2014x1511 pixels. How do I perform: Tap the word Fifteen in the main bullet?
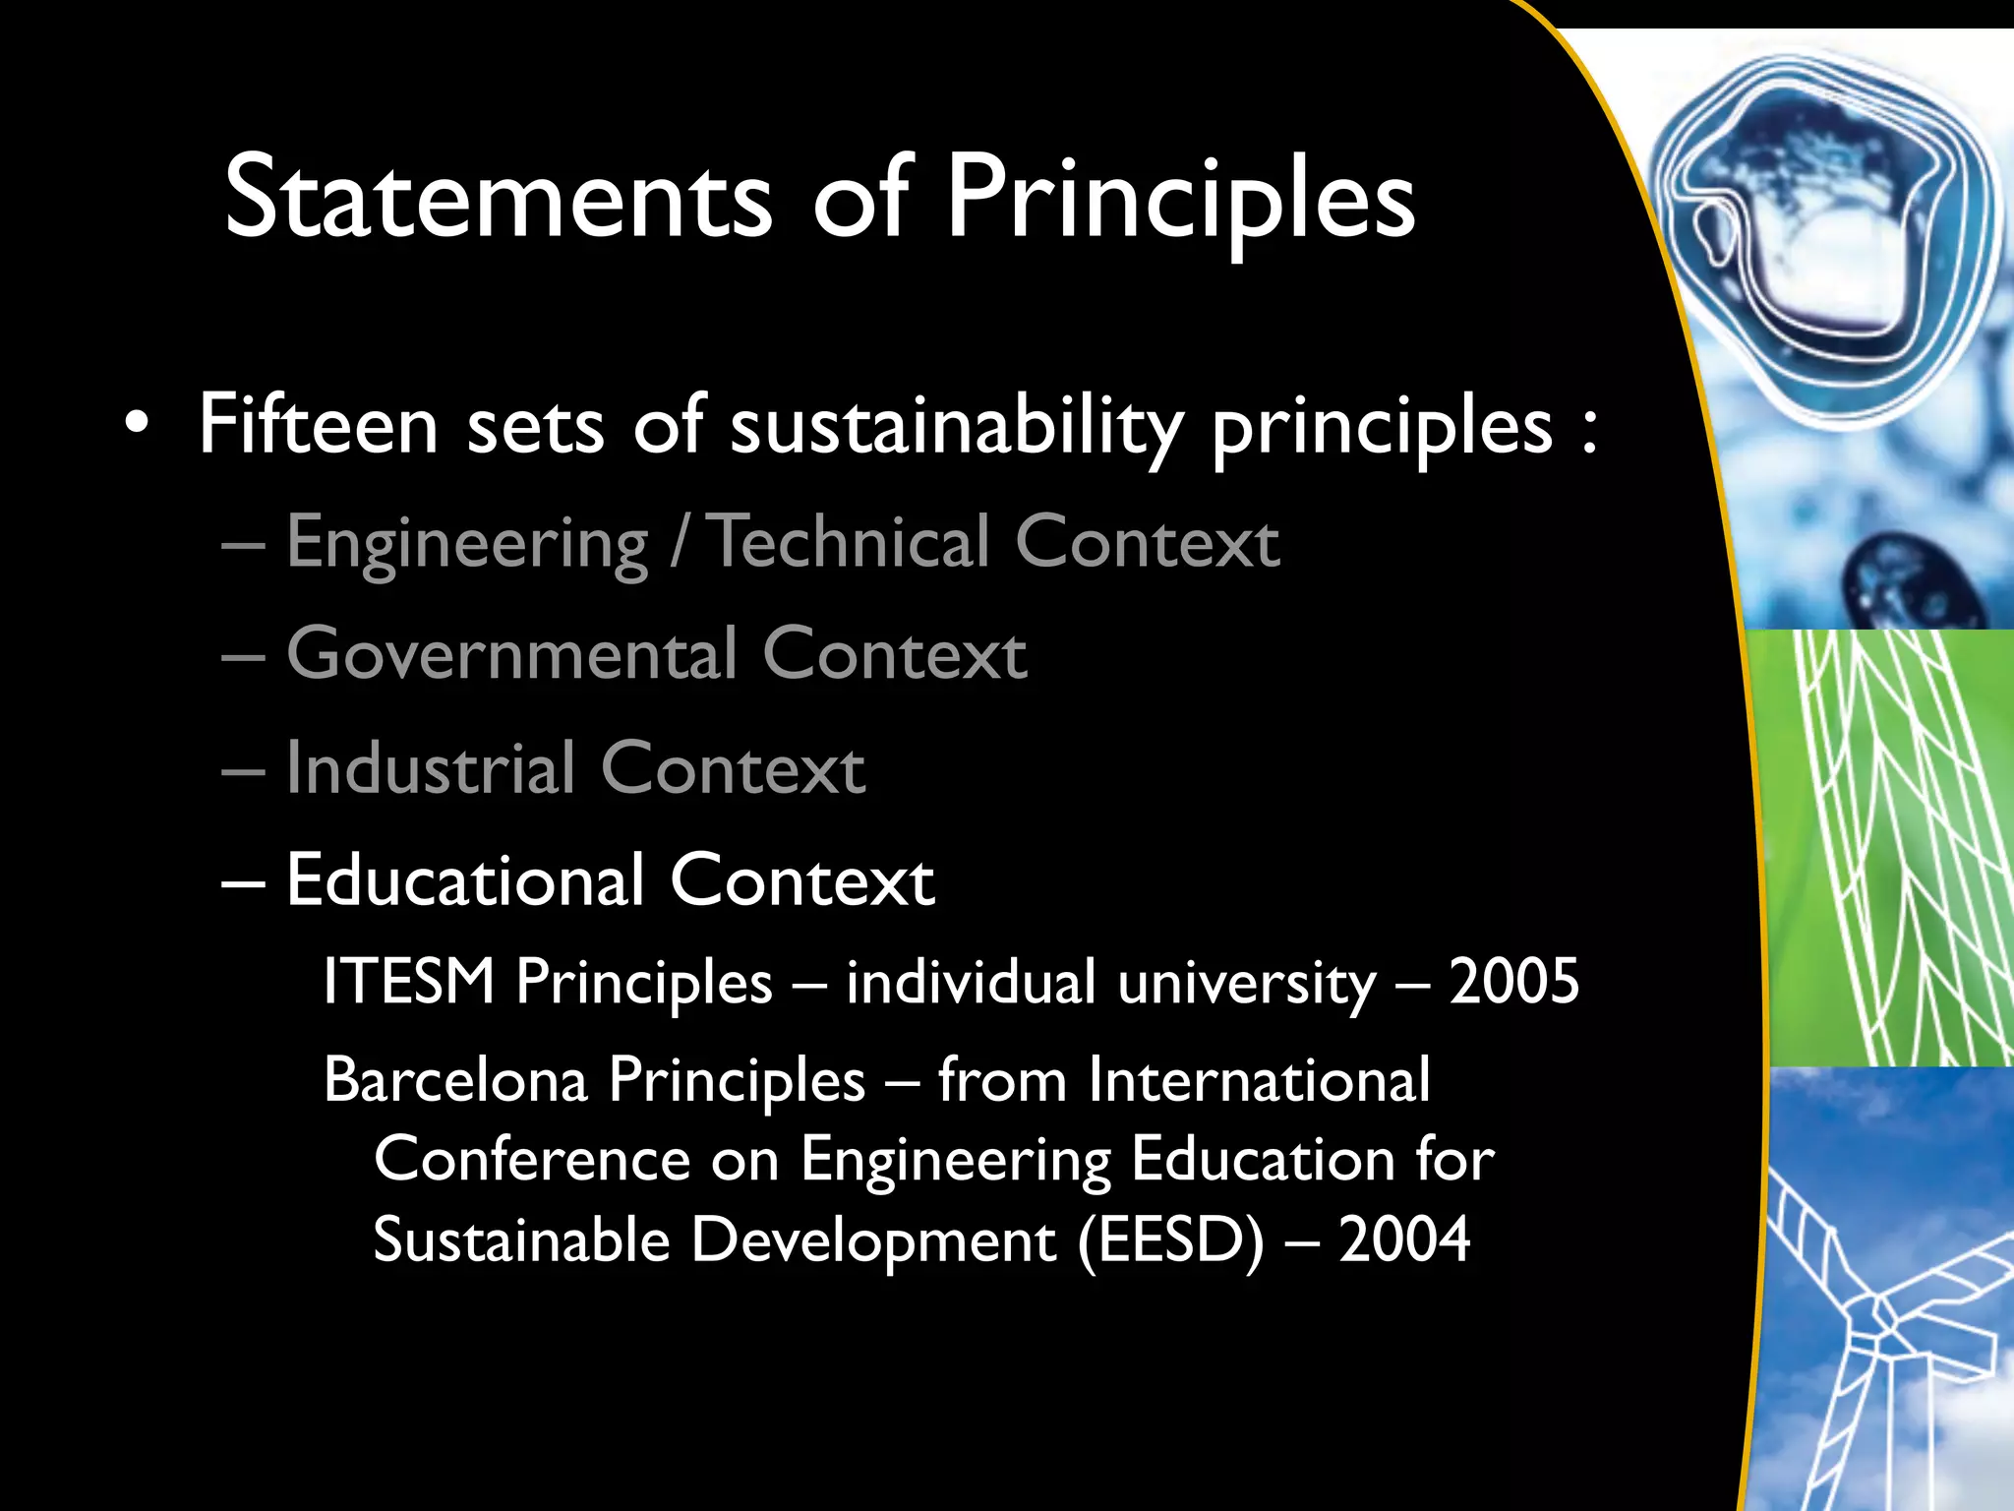(318, 426)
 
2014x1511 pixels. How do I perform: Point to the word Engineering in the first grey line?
(467, 544)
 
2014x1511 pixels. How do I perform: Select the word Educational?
(465, 879)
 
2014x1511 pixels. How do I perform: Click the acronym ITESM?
(408, 981)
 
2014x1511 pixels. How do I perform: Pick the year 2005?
(1513, 981)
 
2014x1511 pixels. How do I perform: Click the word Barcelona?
(455, 1080)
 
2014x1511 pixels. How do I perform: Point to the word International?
(1259, 1080)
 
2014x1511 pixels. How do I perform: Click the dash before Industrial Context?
(243, 770)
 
